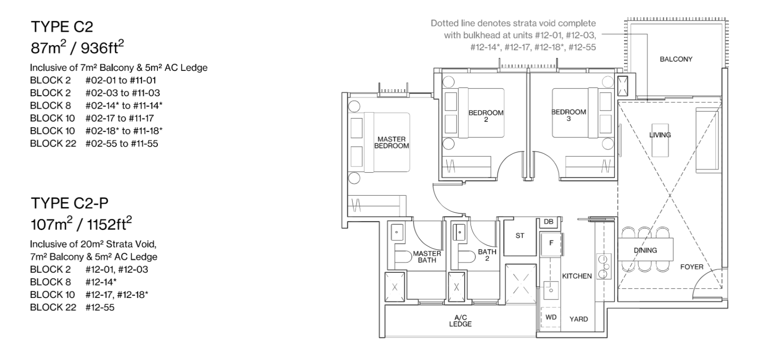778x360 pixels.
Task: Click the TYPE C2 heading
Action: click(x=62, y=27)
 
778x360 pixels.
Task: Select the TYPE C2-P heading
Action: click(x=70, y=203)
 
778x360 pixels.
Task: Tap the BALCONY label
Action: click(x=676, y=59)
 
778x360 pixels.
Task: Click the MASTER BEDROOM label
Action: click(x=391, y=143)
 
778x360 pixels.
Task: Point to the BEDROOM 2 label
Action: click(x=486, y=116)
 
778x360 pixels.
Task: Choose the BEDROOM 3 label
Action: click(x=569, y=115)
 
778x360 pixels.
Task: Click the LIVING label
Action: click(x=660, y=135)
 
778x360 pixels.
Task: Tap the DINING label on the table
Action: click(x=645, y=250)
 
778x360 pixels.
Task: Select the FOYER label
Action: click(x=691, y=267)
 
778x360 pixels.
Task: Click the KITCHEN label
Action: click(x=577, y=276)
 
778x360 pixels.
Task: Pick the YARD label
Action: click(x=578, y=319)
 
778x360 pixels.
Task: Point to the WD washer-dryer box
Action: click(x=551, y=317)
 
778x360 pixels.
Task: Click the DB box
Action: click(x=549, y=222)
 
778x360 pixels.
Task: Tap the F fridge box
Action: click(x=551, y=243)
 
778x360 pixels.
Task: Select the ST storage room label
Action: click(x=520, y=236)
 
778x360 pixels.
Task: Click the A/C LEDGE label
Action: click(x=460, y=321)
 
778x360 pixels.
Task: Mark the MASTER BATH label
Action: click(x=427, y=257)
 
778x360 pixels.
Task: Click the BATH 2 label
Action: click(x=487, y=255)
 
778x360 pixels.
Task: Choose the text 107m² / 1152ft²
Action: click(x=81, y=224)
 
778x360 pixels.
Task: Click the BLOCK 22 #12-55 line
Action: click(x=72, y=307)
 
